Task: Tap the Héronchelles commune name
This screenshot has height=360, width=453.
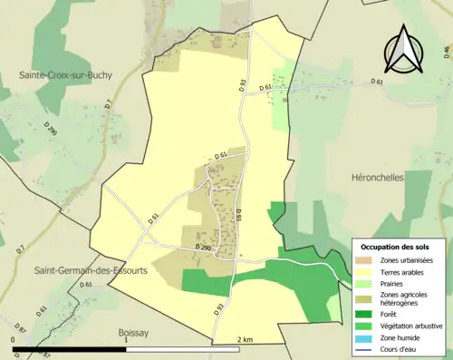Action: tap(374, 179)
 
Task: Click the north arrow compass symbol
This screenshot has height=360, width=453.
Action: tap(403, 52)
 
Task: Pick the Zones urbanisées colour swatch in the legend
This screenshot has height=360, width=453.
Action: tap(365, 260)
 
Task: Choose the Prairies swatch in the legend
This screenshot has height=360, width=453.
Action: tap(365, 283)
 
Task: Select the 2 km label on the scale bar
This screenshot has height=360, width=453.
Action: tap(245, 339)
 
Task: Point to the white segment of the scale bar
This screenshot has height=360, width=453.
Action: tap(181, 349)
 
